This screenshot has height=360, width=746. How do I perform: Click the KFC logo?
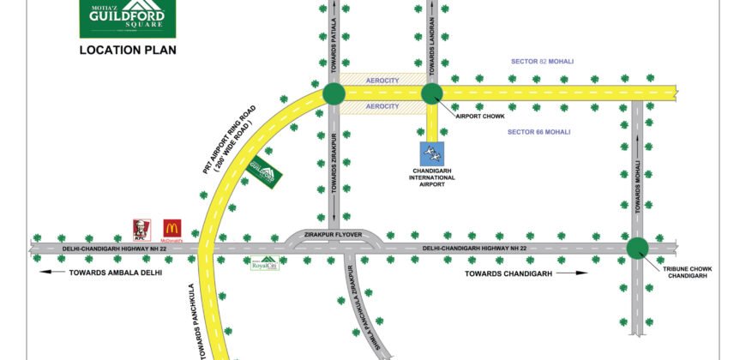[x=137, y=229]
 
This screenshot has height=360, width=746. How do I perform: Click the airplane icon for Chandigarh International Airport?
[x=433, y=154]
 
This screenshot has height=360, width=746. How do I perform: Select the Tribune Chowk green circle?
[x=637, y=249]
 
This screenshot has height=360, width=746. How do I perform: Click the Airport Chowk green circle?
[x=432, y=93]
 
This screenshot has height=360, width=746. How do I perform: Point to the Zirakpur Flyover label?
[x=333, y=233]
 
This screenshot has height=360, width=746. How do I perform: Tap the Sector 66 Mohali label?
[x=538, y=131]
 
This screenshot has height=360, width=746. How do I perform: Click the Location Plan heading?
[x=128, y=51]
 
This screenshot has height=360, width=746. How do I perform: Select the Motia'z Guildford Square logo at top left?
[x=127, y=18]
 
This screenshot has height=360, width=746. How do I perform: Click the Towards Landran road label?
[x=433, y=42]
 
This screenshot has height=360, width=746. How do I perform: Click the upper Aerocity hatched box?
[x=382, y=79]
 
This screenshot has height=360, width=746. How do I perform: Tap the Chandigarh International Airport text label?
[x=433, y=177]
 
